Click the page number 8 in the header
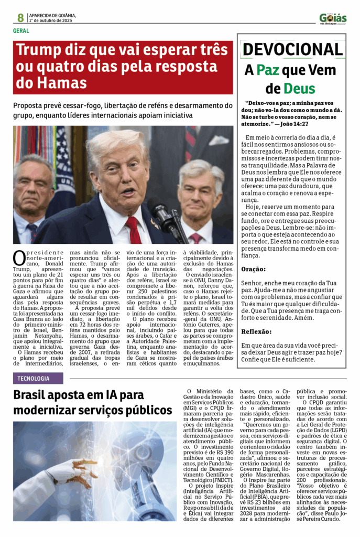tap(20, 17)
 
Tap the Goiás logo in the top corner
tap(333, 18)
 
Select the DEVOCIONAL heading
tap(292, 49)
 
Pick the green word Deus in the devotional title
tap(299, 88)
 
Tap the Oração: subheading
tap(253, 269)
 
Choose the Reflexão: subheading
tap(256, 331)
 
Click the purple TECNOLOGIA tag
tap(38, 378)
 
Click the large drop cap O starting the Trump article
tap(19, 257)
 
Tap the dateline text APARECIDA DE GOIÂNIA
tap(52, 15)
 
